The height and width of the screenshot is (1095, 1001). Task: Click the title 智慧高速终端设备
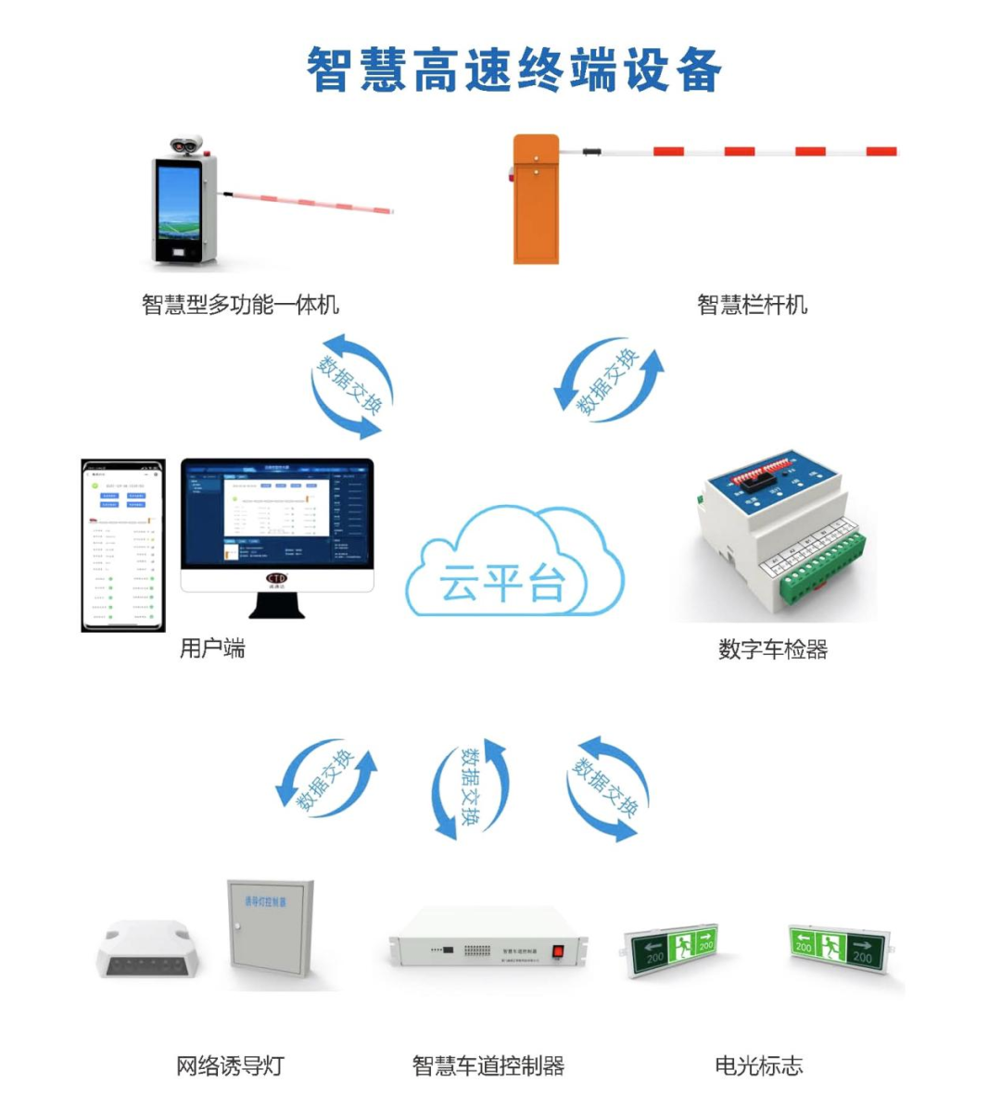point(513,70)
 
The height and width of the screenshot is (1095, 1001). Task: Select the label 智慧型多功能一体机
point(240,305)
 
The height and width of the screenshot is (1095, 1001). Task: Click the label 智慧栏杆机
point(752,305)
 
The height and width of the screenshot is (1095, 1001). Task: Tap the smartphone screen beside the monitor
point(123,545)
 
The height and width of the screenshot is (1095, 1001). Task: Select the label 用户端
point(212,648)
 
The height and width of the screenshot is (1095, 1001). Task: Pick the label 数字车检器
point(773,649)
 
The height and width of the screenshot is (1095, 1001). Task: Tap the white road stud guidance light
point(148,950)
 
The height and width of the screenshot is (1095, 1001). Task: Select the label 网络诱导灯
point(230,1066)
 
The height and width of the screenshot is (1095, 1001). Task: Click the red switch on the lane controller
point(558,950)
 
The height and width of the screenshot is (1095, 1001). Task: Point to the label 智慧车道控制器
point(488,1066)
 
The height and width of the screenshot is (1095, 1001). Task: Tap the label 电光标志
point(758,1066)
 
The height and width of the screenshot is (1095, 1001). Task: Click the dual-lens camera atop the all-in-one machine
point(186,145)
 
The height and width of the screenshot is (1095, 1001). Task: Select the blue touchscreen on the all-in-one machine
point(179,201)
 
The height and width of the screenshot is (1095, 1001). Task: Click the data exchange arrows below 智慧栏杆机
point(609,381)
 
